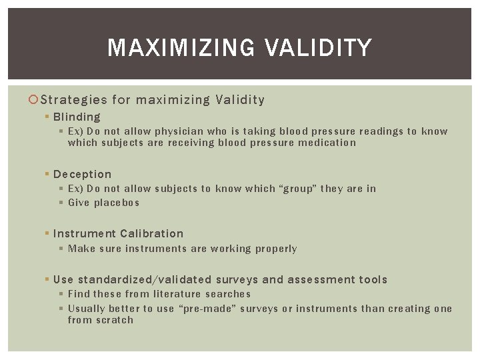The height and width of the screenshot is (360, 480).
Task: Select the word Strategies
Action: tap(74, 100)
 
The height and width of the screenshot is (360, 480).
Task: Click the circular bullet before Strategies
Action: tap(35, 100)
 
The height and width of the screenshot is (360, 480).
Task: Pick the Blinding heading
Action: tap(77, 117)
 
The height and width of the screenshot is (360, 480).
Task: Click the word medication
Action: tap(326, 143)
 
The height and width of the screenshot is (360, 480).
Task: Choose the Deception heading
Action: tap(82, 174)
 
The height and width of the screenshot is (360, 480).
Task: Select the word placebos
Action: tap(117, 203)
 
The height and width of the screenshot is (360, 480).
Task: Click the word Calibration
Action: tap(151, 233)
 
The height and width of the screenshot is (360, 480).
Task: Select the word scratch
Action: tap(114, 320)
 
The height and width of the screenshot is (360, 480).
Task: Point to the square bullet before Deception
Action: tap(47, 175)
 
